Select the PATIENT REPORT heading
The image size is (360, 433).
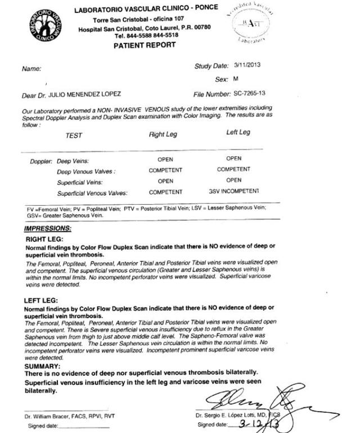pyautogui.click(x=145, y=45)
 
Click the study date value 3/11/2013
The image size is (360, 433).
pyautogui.click(x=247, y=65)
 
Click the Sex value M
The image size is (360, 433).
pyautogui.click(x=236, y=80)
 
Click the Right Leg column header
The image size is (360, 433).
pyautogui.click(x=164, y=134)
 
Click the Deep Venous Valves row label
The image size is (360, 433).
pyautogui.click(x=86, y=172)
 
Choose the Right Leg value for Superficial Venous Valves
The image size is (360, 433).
pyautogui.click(x=165, y=192)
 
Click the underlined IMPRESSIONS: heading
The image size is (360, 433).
pyautogui.click(x=48, y=229)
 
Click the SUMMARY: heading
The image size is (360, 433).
pyautogui.click(x=42, y=366)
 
